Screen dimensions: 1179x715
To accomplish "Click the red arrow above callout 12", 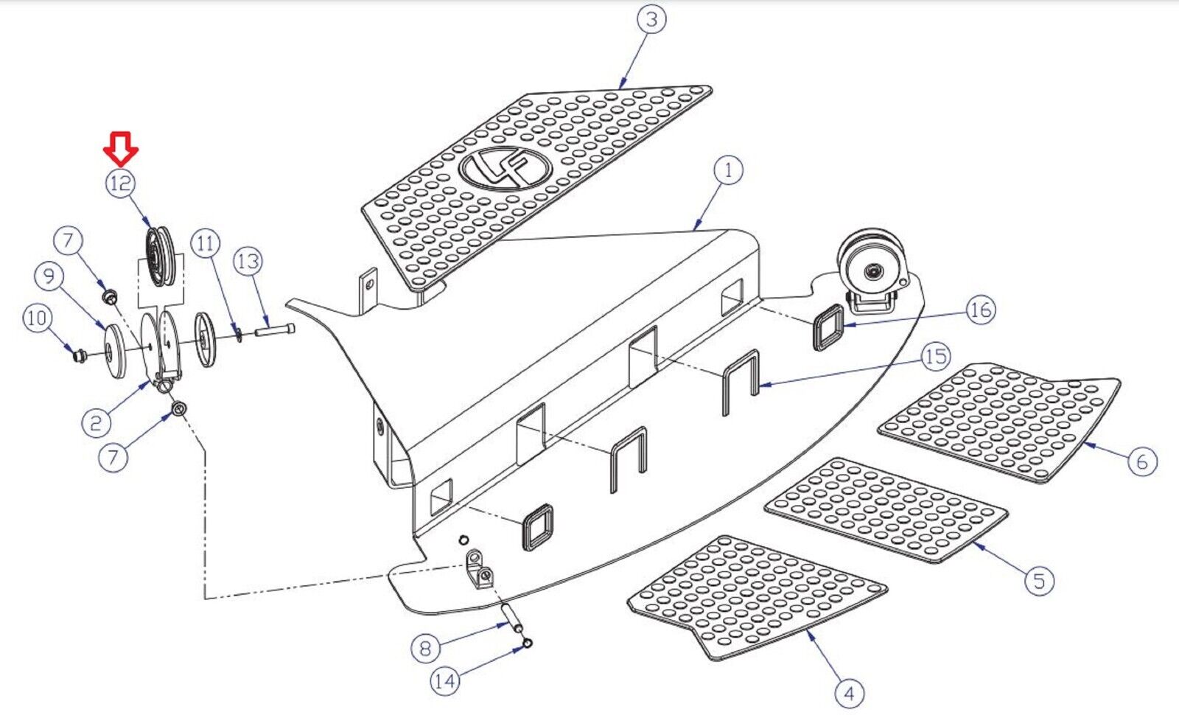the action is (x=121, y=147).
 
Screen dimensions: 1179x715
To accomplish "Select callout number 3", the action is (x=651, y=18).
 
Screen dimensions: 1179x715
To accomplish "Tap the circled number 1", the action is (x=728, y=170).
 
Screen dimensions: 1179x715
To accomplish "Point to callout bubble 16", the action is (x=980, y=310).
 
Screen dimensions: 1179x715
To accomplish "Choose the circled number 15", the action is (x=935, y=357).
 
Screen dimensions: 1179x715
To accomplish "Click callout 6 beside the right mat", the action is (x=1141, y=461).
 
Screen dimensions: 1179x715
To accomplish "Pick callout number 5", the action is (x=1039, y=580).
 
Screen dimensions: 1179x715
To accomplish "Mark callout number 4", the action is (x=849, y=693).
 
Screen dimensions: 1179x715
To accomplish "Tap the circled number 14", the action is (x=444, y=680).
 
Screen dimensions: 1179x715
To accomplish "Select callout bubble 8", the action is (x=425, y=648).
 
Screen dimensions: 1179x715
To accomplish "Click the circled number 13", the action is (x=248, y=261).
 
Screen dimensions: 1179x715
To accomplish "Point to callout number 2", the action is (x=96, y=422).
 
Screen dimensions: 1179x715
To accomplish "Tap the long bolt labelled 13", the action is (x=274, y=330).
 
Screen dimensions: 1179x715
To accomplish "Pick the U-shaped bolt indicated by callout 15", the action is (x=740, y=382).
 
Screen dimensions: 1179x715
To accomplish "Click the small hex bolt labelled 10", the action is (x=76, y=357).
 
